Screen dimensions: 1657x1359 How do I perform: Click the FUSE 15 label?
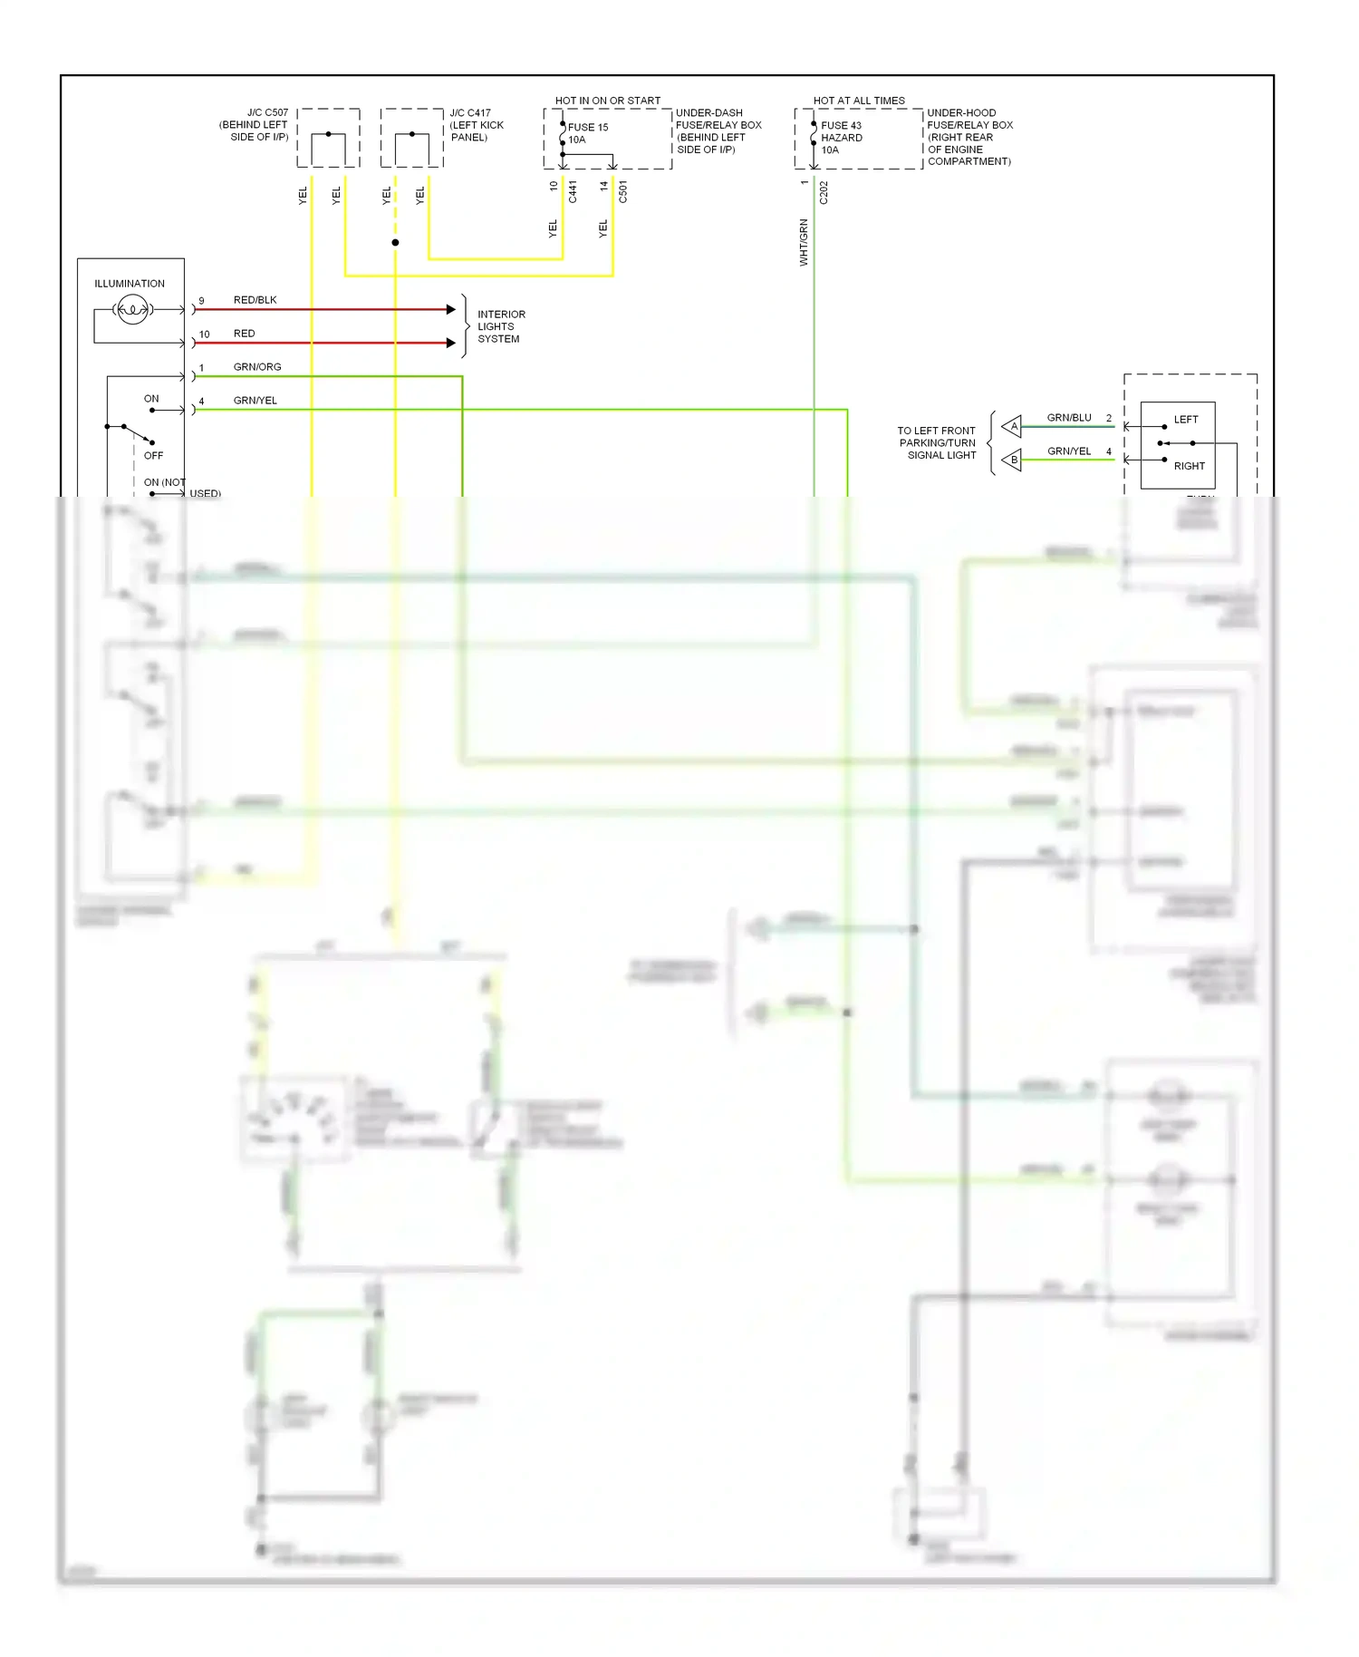pos(587,128)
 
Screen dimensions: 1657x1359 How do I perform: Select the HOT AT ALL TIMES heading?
pos(858,101)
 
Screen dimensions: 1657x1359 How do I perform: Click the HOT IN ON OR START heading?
pos(607,101)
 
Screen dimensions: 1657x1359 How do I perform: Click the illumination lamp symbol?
pos(132,310)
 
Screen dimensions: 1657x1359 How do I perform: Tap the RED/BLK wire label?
pos(255,300)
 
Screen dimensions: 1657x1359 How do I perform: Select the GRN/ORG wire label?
pos(257,367)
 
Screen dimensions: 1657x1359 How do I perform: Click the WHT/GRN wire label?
pos(804,242)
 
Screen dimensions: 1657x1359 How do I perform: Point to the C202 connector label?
pos(824,192)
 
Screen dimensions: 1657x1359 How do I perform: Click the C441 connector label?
pos(573,192)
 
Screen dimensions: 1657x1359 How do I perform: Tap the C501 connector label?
pos(623,192)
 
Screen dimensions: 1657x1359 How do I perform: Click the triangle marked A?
pos(1012,426)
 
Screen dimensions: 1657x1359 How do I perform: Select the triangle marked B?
pos(1012,460)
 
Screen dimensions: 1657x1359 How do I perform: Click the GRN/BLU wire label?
pos(1069,418)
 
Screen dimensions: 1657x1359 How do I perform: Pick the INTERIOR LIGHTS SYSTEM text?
pos(500,326)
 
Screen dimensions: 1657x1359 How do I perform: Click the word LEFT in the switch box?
pos(1185,420)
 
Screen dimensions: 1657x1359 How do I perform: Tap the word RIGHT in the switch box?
pos(1189,466)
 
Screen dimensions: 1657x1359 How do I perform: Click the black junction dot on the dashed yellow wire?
pos(395,243)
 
